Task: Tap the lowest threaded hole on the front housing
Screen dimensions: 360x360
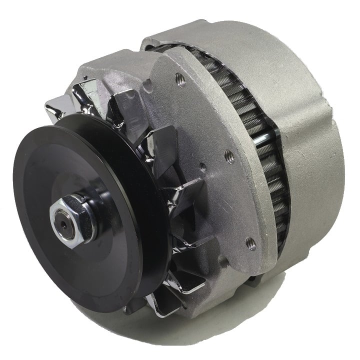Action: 251,243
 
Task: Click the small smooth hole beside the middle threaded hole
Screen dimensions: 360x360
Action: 202,164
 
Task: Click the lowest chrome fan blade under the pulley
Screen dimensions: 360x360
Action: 162,302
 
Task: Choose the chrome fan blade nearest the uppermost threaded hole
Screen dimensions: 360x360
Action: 122,107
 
